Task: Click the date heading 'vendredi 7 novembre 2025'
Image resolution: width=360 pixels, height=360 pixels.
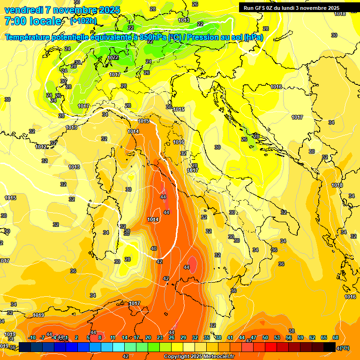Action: (62, 10)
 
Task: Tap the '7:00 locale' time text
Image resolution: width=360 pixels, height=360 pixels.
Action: (33, 21)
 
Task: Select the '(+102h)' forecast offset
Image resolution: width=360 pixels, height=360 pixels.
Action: (83, 21)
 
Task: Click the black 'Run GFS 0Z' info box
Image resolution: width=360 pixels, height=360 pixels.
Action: (291, 8)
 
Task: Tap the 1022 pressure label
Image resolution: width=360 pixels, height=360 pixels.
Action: (113, 58)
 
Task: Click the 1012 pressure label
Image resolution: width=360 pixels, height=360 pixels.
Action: (41, 147)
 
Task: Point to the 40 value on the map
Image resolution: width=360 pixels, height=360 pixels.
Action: (154, 248)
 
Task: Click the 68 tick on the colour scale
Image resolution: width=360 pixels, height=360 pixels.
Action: (336, 337)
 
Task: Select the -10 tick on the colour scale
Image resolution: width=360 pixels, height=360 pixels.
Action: (32, 337)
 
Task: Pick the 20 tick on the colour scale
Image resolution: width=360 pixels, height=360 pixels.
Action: (148, 337)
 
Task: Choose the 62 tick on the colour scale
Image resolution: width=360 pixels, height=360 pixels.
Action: (312, 337)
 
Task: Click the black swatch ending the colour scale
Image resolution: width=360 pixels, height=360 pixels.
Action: (330, 347)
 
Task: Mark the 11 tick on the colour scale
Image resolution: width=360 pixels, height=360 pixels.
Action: (113, 337)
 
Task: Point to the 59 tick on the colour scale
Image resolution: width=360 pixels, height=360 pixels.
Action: (300, 337)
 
